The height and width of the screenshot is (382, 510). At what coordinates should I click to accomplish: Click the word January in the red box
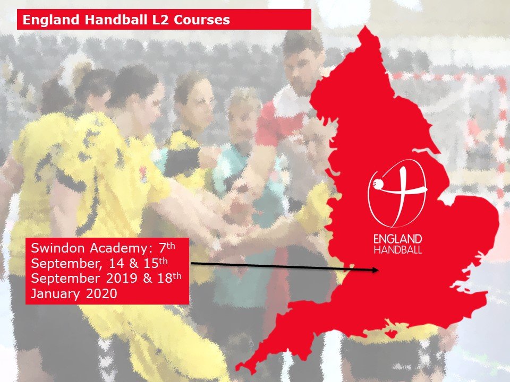55,294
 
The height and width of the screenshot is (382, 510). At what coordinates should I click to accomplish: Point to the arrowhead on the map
375,270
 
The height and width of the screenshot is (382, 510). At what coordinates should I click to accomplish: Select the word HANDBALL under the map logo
398,249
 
